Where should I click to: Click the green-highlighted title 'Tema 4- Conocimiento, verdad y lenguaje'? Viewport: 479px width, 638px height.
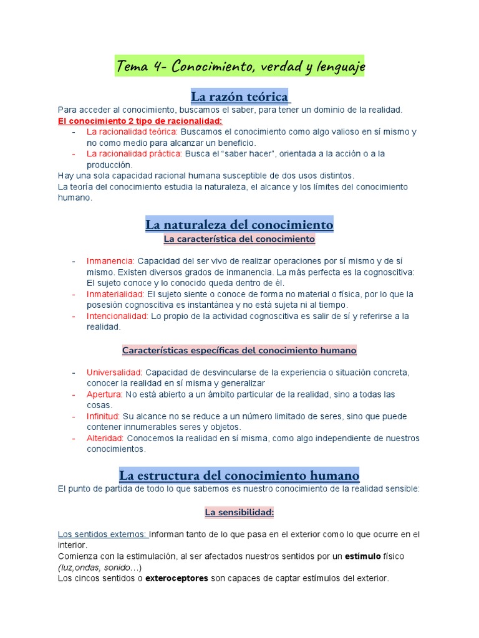[x=239, y=66]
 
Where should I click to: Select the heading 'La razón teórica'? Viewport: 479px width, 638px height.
[x=239, y=97]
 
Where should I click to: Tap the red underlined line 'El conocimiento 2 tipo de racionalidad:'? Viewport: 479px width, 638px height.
[x=140, y=121]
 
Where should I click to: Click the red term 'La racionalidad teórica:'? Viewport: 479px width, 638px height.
[x=132, y=132]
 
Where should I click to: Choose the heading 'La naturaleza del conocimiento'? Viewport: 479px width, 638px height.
[x=239, y=224]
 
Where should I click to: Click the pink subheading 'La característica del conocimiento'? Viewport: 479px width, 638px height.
[x=239, y=239]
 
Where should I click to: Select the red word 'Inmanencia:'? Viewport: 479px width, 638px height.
[x=110, y=261]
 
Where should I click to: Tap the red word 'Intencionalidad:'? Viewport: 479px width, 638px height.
[x=117, y=316]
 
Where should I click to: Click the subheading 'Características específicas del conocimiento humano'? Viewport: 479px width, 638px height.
[x=239, y=351]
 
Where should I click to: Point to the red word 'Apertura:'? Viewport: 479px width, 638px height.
[x=105, y=394]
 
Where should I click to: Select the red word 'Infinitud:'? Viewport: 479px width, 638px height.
[x=104, y=416]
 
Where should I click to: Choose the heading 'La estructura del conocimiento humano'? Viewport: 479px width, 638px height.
[x=239, y=476]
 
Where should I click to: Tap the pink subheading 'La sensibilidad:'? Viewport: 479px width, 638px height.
[x=239, y=513]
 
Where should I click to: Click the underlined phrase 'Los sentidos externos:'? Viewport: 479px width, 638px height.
[x=103, y=534]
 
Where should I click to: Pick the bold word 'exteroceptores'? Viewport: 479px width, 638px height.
[x=177, y=578]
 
